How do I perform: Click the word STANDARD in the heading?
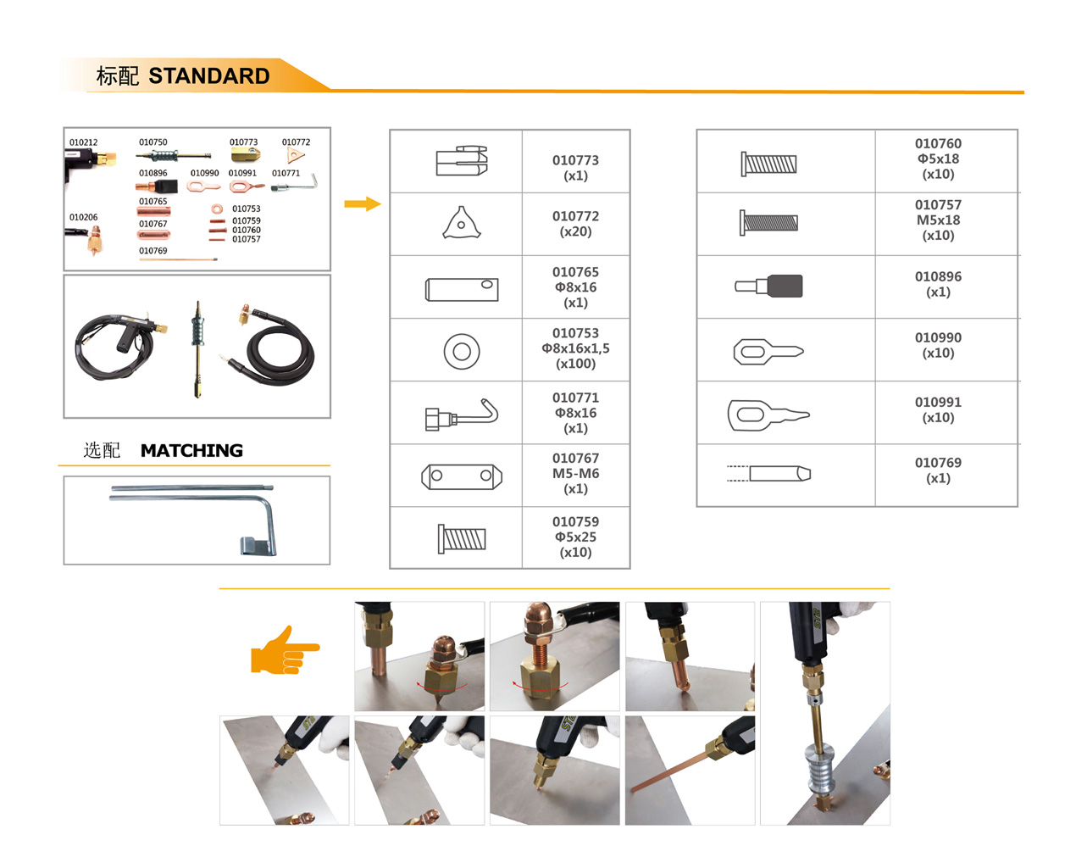click(209, 76)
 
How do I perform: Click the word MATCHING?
click(191, 450)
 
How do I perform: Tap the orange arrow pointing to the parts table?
click(363, 203)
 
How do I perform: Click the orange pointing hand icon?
click(285, 650)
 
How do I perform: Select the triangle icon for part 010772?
click(461, 223)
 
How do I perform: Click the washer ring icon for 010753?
click(462, 351)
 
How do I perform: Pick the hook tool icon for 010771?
click(461, 415)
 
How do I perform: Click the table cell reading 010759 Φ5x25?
click(576, 537)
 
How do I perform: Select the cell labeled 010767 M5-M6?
click(576, 473)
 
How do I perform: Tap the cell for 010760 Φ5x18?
click(938, 159)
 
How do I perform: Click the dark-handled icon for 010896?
click(768, 286)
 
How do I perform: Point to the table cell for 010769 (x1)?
click(938, 470)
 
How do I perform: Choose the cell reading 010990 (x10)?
click(938, 345)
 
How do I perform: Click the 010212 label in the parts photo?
click(84, 142)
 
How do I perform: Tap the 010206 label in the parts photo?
click(84, 217)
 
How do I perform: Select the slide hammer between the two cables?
click(198, 348)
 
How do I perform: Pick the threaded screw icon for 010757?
click(768, 223)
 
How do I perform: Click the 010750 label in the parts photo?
click(153, 142)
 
